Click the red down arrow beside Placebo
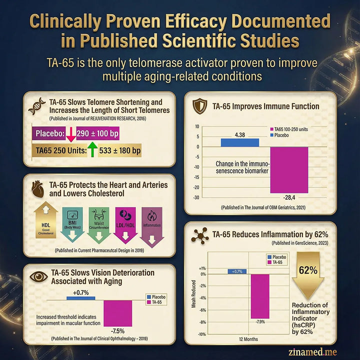pos(70,134)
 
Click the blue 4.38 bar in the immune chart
pos(239,142)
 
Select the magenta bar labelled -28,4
pos(289,169)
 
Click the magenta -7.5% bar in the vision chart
pos(118,312)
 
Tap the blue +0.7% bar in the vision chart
pos(81,298)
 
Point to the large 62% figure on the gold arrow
pos(308,270)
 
